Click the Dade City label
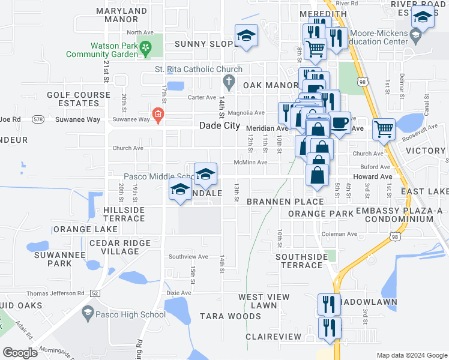coord(220,127)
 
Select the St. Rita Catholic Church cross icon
coord(228,80)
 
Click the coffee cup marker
coord(340,124)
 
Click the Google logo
coord(20,353)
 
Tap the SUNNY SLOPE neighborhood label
coord(204,44)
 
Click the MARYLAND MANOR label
coord(121,15)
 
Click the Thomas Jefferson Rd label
coord(42,293)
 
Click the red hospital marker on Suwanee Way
coord(158,114)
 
